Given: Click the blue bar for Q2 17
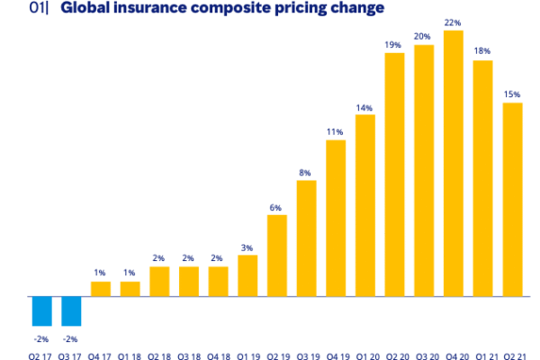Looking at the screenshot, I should tap(41, 310).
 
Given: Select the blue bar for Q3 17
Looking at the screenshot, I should tap(71, 310).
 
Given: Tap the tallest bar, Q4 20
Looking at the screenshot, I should tap(454, 163).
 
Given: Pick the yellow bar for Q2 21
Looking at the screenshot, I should tap(512, 199).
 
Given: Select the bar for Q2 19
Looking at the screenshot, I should tap(277, 256).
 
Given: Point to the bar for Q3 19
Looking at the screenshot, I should tap(306, 238).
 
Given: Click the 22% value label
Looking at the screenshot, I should tap(454, 23).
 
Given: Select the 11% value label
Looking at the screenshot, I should tap(335, 132).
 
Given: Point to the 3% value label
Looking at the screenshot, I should tap(247, 247).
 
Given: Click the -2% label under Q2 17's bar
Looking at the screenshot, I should tap(40, 338).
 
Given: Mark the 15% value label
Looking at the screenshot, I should tap(512, 94).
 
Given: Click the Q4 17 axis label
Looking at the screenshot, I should tap(100, 355).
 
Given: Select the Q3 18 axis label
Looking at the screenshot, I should tap(188, 355).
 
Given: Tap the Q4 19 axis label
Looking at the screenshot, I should tap(335, 355).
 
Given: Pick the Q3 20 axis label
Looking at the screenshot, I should tap(424, 355).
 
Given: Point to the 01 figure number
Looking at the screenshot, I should tap(37, 8).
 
